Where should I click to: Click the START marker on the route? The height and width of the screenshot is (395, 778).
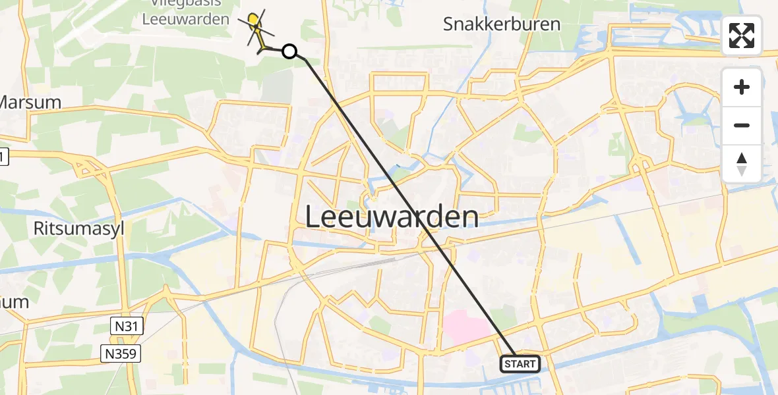520,363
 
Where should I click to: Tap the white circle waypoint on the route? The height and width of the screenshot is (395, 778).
289,51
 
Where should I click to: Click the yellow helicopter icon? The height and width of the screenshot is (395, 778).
256,30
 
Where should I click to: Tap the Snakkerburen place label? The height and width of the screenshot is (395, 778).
502,24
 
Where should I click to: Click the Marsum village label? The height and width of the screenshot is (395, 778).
29,103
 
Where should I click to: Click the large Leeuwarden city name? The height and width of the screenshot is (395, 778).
392,216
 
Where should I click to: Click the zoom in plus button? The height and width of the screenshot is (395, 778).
742,87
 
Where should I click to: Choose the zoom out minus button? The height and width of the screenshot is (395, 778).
742,125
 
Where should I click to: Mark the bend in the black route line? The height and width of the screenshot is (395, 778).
305,59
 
